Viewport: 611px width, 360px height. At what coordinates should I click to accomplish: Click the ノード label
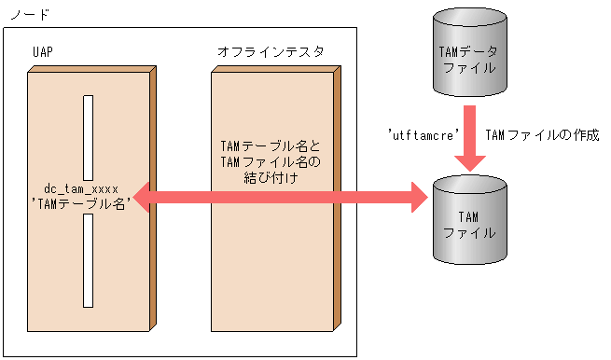tap(27, 15)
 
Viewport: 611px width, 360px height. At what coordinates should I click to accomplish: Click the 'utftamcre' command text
tap(424, 135)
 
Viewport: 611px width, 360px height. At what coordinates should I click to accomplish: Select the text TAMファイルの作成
tap(542, 135)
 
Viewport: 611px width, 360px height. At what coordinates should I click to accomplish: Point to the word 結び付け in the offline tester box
tap(270, 177)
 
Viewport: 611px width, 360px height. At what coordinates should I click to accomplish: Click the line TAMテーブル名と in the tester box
tap(270, 147)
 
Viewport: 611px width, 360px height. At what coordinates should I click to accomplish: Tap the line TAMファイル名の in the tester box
tap(270, 162)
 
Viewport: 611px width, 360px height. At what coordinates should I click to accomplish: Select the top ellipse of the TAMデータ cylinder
tap(471, 16)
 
